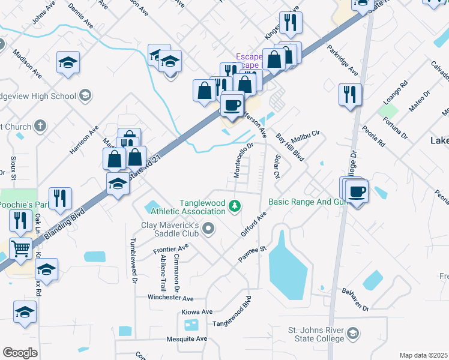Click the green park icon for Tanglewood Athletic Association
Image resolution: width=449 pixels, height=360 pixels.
[235, 207]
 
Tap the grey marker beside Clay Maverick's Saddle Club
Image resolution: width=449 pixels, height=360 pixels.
[208, 228]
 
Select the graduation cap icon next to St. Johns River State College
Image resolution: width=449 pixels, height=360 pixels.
[354, 334]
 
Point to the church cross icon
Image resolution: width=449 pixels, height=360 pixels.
[40, 126]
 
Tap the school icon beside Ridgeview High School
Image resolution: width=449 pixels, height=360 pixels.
[85, 95]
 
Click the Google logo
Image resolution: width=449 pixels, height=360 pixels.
[20, 353]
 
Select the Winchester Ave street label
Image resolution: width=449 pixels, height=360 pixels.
[171, 298]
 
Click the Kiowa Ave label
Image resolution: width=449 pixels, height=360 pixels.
[197, 312]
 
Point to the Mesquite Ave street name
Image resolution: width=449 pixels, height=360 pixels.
[186, 338]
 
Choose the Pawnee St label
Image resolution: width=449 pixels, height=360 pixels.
[255, 249]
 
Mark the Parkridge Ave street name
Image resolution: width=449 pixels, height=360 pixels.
[342, 61]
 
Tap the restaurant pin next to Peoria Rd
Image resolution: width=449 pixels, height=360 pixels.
[350, 94]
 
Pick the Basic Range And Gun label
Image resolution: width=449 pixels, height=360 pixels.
[308, 202]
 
